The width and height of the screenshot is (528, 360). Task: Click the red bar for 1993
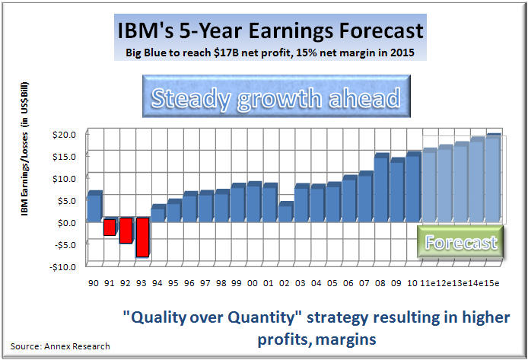point(142,238)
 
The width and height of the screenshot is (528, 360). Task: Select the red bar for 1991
point(110,227)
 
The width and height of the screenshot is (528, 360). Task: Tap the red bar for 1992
point(126,231)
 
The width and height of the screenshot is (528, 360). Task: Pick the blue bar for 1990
point(94,206)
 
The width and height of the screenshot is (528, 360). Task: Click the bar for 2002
point(285,212)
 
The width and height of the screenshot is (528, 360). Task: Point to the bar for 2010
point(413,187)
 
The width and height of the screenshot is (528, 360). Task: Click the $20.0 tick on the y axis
point(64,135)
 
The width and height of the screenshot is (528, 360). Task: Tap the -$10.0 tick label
point(63,266)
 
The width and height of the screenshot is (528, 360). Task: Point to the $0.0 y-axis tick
point(65,223)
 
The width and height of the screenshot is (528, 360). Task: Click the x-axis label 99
point(237,283)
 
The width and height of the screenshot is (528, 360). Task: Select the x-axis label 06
point(349,283)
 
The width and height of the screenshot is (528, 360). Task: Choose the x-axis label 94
point(157,283)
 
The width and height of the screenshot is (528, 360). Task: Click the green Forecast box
point(461,242)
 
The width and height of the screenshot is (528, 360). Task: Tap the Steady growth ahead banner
point(264,98)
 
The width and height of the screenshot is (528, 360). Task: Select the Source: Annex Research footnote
point(60,346)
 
